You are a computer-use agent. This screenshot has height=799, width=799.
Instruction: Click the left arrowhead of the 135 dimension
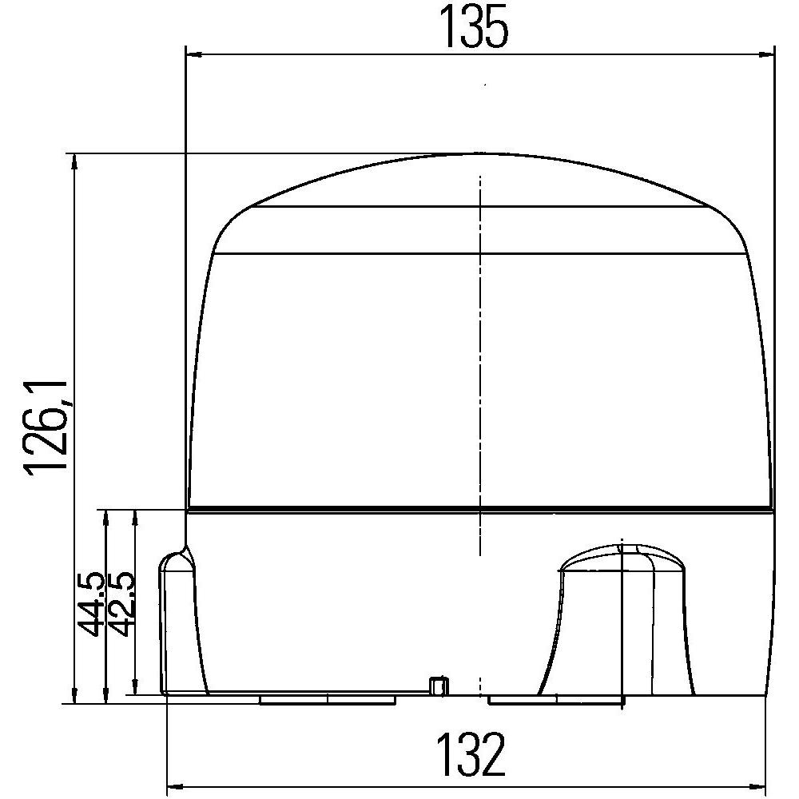click(192, 54)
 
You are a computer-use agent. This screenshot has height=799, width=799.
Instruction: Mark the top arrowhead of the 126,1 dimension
click(75, 161)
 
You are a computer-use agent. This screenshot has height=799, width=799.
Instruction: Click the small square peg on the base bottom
click(436, 685)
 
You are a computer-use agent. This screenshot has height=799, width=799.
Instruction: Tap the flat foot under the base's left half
click(328, 700)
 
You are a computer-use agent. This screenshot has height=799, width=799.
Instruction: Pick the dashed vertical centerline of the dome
click(479, 360)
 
